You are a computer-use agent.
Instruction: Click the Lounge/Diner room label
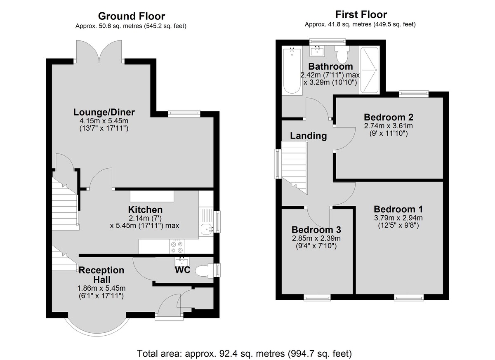[104, 112]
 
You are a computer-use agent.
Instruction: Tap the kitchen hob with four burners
[177, 247]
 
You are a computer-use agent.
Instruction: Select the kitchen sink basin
[206, 229]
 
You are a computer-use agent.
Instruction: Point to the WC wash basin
[182, 262]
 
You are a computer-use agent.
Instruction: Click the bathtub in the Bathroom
[292, 71]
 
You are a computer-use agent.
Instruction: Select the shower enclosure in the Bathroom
[369, 70]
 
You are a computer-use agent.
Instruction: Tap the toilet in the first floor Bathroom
[342, 54]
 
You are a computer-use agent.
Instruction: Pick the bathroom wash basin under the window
[318, 51]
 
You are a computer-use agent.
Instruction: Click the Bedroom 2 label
[389, 117]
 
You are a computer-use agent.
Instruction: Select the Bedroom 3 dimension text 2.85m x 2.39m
[316, 238]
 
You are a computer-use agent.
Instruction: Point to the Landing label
[308, 136]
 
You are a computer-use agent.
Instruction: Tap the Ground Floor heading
[132, 16]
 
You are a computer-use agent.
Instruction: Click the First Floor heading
[361, 14]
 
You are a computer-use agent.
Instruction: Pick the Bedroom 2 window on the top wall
[414, 94]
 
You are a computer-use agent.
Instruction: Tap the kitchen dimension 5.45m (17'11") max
[144, 226]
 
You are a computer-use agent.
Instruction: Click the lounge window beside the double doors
[184, 114]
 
